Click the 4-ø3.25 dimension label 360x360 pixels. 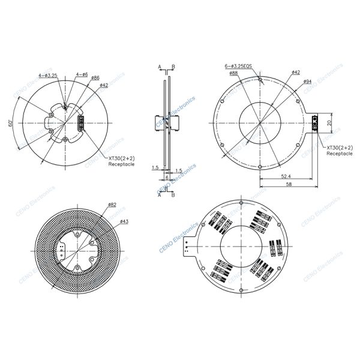point(47,75)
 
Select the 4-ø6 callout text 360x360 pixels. point(82,75)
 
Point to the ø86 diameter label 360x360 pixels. point(95,77)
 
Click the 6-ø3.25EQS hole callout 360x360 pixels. point(237,67)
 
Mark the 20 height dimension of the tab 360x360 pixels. point(328,122)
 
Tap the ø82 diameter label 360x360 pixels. point(112,205)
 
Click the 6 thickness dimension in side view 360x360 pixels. point(166,178)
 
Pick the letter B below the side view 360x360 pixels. point(173,194)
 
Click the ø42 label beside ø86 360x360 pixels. point(104,85)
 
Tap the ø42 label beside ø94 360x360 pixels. point(295,73)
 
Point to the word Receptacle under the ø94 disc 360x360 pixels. point(339,153)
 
